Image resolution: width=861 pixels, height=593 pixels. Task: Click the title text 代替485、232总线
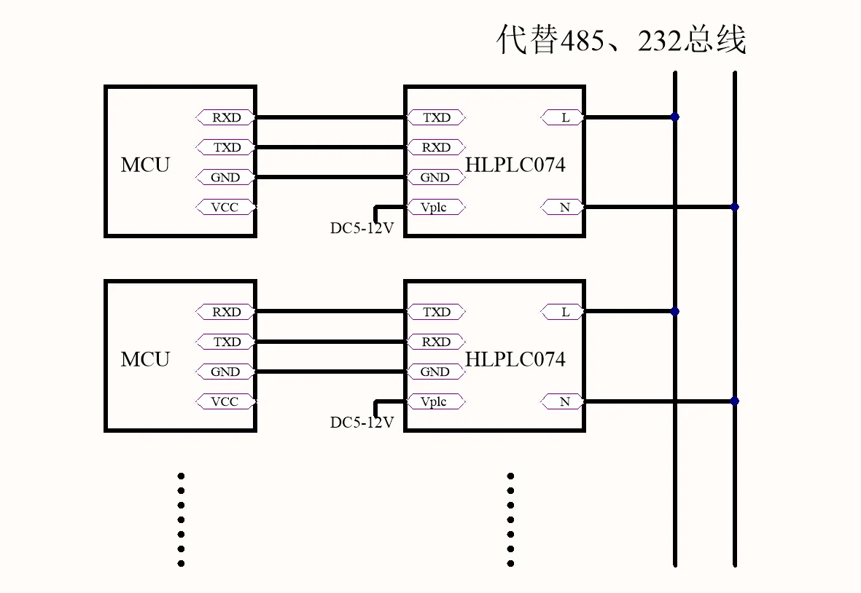[621, 39]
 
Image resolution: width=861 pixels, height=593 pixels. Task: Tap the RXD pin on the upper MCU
[226, 117]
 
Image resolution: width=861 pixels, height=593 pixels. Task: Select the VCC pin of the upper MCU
[226, 208]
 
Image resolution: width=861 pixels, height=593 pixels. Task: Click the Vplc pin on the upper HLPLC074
[435, 208]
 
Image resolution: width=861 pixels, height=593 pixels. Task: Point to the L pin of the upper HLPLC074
[563, 117]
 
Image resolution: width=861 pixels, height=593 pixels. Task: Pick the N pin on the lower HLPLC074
[563, 401]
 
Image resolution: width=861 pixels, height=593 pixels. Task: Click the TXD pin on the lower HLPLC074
[435, 312]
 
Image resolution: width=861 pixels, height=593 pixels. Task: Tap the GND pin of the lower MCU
[226, 372]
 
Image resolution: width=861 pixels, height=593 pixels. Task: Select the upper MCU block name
[146, 165]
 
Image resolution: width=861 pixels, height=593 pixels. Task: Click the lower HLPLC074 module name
[515, 359]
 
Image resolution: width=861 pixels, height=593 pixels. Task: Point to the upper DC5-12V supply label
[362, 227]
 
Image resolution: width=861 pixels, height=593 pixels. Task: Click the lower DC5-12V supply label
[362, 423]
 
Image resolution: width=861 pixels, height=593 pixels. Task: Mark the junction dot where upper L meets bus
[675, 117]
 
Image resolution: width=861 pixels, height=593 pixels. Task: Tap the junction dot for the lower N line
[735, 401]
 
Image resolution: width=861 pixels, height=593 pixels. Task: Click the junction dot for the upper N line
[735, 207]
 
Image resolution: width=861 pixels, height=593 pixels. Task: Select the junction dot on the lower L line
[675, 312]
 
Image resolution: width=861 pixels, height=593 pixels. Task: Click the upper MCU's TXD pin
[226, 147]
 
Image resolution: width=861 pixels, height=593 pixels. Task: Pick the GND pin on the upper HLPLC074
[435, 177]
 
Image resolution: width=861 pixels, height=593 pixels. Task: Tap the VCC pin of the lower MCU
[226, 401]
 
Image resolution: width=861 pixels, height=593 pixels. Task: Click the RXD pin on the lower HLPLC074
[435, 342]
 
